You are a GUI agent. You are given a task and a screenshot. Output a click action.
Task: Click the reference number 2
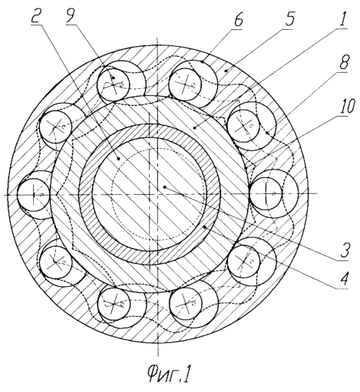coord(37,16)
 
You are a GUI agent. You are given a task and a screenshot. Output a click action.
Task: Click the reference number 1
coord(343,19)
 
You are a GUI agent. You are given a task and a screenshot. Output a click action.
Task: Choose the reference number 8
coord(343,62)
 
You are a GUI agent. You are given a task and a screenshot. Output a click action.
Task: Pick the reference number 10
coord(347,106)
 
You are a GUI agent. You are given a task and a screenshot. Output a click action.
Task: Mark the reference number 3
coord(345,250)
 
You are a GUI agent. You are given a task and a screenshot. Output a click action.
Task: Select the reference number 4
coord(344,278)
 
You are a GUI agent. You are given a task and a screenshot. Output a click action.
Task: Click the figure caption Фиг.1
coord(169,375)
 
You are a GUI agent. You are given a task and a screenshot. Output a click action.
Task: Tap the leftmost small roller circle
coord(33,194)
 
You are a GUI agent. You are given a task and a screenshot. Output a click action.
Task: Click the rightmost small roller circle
coord(266,193)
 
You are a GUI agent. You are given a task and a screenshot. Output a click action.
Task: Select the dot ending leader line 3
coord(165,187)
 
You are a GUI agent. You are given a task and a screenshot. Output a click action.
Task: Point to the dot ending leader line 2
coord(118,159)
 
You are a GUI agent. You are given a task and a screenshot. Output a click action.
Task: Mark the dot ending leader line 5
coord(225,71)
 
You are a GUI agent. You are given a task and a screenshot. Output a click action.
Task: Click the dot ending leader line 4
coord(204,227)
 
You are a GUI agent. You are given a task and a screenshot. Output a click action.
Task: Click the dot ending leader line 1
coord(195,128)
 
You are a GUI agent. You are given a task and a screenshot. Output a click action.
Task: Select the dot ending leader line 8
coord(266,133)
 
